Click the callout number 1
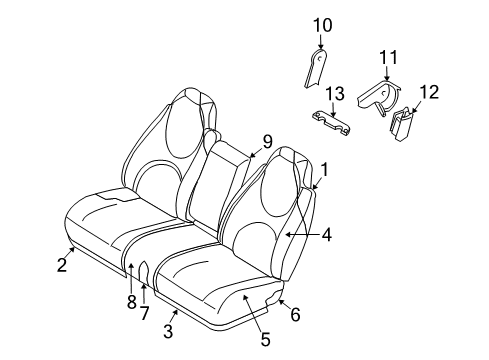(323, 170)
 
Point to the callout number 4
(326, 237)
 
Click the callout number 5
(265, 339)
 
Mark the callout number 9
(268, 141)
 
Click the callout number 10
(322, 25)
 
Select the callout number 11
(389, 57)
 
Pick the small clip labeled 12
(403, 124)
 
